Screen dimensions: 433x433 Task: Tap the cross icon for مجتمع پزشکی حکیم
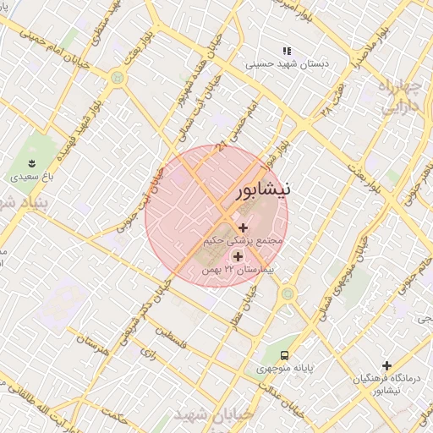tap(244, 227)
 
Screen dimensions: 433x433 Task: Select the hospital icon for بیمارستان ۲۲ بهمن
tap(237, 256)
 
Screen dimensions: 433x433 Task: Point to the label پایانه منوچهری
tap(284, 370)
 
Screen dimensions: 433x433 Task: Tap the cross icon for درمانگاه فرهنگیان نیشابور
tap(387, 366)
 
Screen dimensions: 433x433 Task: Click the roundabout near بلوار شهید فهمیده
tap(117, 78)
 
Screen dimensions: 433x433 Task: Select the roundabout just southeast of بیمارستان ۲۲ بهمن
tap(289, 293)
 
